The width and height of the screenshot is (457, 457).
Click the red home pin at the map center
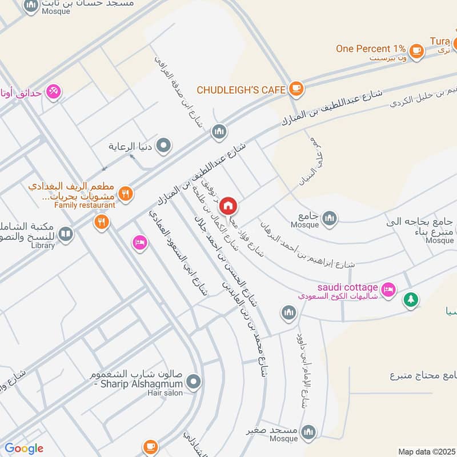coord(228,205)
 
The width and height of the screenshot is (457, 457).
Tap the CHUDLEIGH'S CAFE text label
coord(242,90)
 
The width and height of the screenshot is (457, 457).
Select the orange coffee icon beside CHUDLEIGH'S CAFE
coord(295,88)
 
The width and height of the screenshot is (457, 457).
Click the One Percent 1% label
coord(371,49)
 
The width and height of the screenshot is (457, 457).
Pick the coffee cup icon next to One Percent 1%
coord(418,50)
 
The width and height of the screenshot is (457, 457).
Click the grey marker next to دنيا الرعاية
coord(164,146)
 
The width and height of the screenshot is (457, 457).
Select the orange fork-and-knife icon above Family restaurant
coord(126,194)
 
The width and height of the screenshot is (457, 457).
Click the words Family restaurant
coord(85,205)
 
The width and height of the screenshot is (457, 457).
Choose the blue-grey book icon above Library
coord(66,234)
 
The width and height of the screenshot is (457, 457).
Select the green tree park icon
coord(411,299)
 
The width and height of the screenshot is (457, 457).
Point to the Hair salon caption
coord(165,393)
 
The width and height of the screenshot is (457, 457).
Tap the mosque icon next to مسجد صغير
coord(308,430)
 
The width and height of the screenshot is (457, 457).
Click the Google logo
coord(24,448)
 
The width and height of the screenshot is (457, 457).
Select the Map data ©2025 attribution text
coord(426,451)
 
